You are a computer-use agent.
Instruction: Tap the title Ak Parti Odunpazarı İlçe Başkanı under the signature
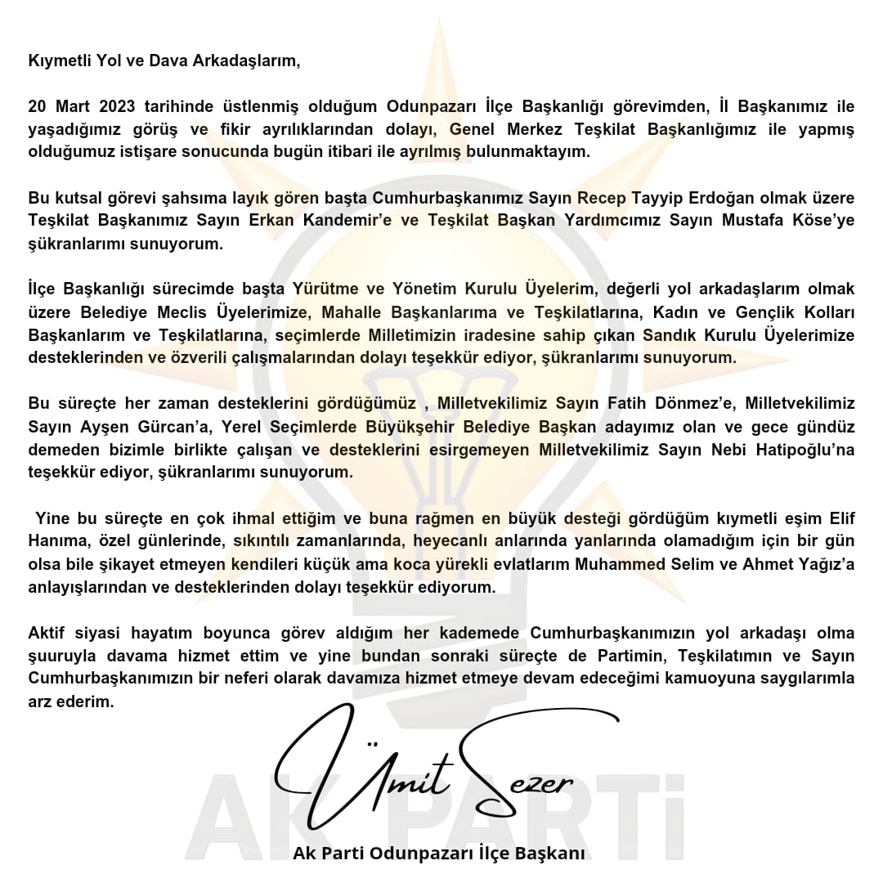(x=440, y=854)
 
